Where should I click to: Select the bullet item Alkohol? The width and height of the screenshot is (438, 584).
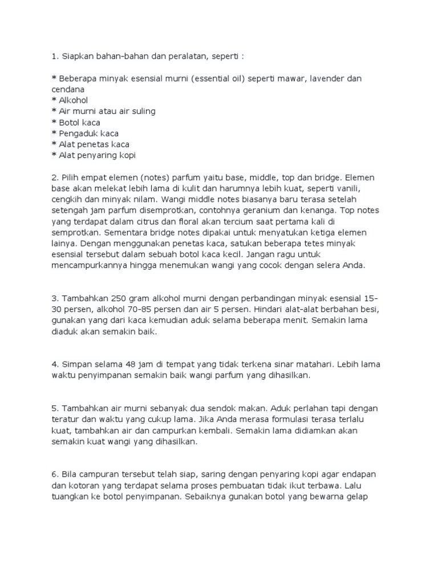point(73,100)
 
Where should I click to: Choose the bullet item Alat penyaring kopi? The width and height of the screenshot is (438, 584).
point(97,155)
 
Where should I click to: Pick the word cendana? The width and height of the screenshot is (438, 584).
point(68,90)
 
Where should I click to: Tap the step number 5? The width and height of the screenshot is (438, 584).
point(54,408)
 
